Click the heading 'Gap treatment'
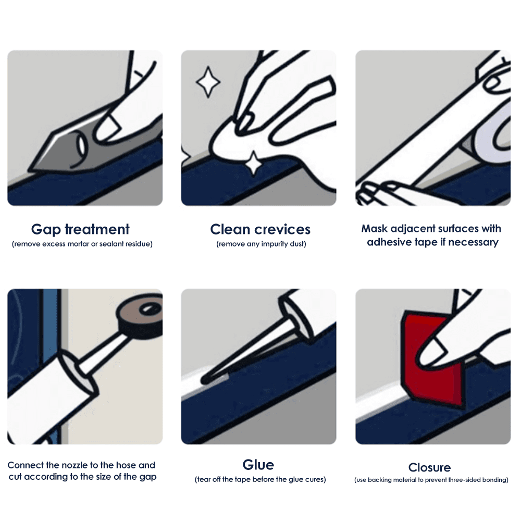pos(80,229)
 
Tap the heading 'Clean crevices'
pos(260,229)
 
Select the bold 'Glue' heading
pos(258,465)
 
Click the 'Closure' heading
pos(429,467)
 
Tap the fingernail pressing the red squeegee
pos(429,357)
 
